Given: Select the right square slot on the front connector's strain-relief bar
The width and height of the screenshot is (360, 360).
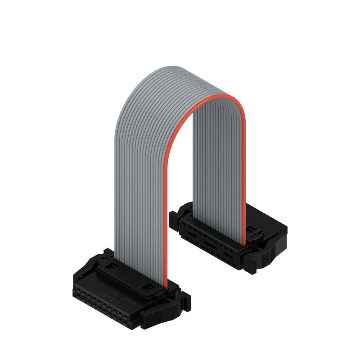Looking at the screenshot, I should tap(147, 286).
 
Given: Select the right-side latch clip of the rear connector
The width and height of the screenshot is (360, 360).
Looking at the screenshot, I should tap(261, 256).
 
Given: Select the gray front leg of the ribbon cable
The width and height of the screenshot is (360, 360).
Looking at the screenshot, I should tap(139, 189).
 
